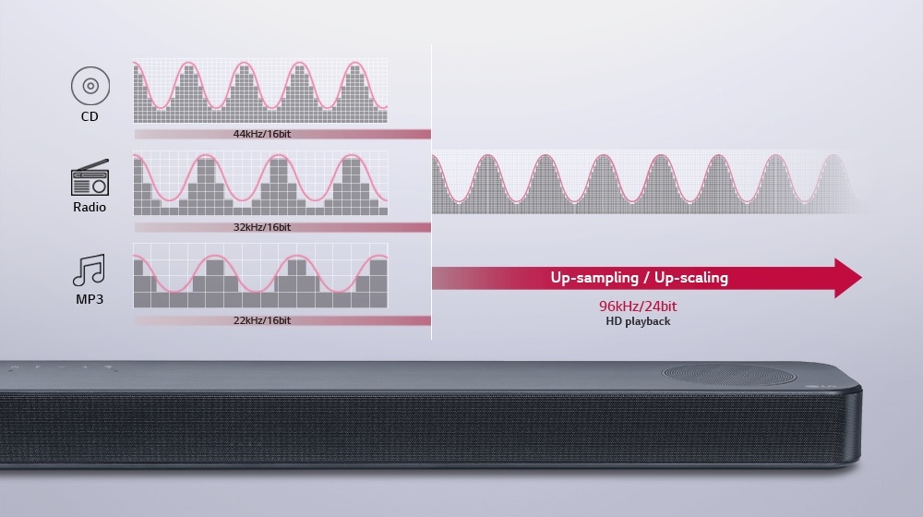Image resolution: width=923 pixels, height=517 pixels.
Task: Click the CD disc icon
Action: tap(90, 87)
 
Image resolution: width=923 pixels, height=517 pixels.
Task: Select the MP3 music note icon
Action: tap(90, 270)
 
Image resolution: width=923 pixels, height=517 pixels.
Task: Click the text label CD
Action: tap(90, 117)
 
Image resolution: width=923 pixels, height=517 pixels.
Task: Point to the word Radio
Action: tap(90, 207)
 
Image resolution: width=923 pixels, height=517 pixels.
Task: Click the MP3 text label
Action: tap(90, 300)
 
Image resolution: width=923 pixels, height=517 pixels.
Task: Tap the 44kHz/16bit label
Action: tap(262, 134)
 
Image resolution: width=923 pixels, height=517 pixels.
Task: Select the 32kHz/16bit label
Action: tap(262, 227)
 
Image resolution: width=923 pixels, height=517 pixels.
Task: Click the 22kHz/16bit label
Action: tap(262, 320)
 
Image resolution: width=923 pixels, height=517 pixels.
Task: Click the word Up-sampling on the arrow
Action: tap(593, 278)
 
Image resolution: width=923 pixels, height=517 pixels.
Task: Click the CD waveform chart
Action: tap(260, 91)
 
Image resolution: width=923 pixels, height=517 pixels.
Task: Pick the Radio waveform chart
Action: tap(260, 184)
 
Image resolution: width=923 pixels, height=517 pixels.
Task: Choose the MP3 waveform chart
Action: tap(260, 275)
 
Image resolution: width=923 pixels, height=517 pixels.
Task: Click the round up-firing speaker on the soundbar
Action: tap(728, 375)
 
